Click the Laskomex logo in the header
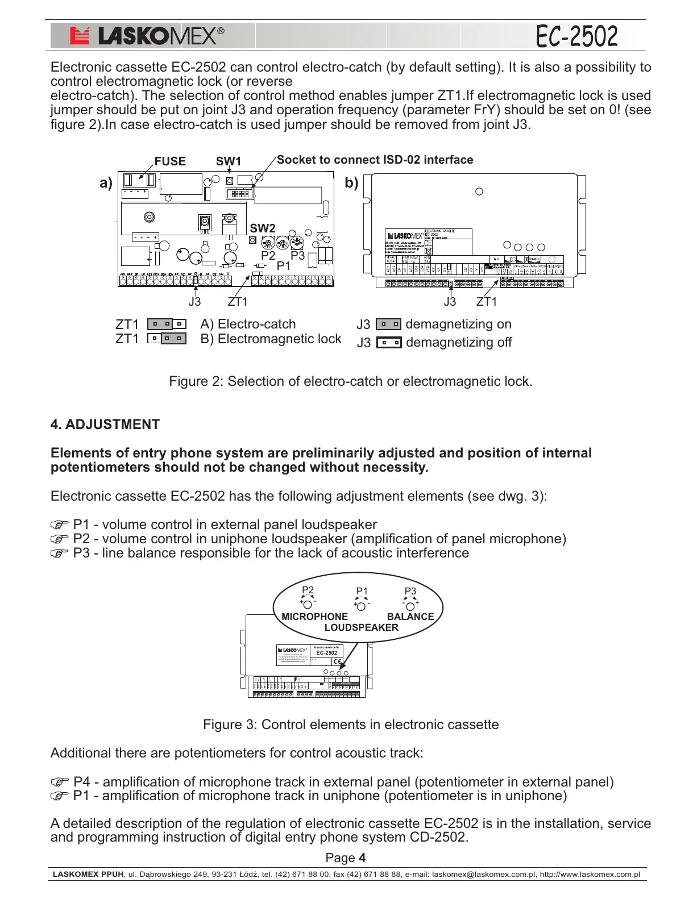[147, 36]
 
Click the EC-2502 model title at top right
[576, 36]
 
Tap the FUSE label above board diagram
[170, 161]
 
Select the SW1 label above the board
[228, 161]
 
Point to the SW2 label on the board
[262, 228]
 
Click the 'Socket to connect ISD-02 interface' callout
[375, 160]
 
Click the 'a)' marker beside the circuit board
[106, 183]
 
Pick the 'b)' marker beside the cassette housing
[351, 183]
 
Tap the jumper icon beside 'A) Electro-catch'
[167, 324]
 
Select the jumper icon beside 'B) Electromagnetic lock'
[167, 339]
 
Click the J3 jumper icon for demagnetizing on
[388, 324]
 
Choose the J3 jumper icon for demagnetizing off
[388, 343]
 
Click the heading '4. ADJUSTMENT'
[105, 424]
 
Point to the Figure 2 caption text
[351, 381]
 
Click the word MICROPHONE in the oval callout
[314, 617]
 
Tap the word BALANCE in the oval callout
[410, 617]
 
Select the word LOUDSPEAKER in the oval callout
[361, 627]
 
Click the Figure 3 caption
[351, 725]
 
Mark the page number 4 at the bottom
[362, 858]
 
